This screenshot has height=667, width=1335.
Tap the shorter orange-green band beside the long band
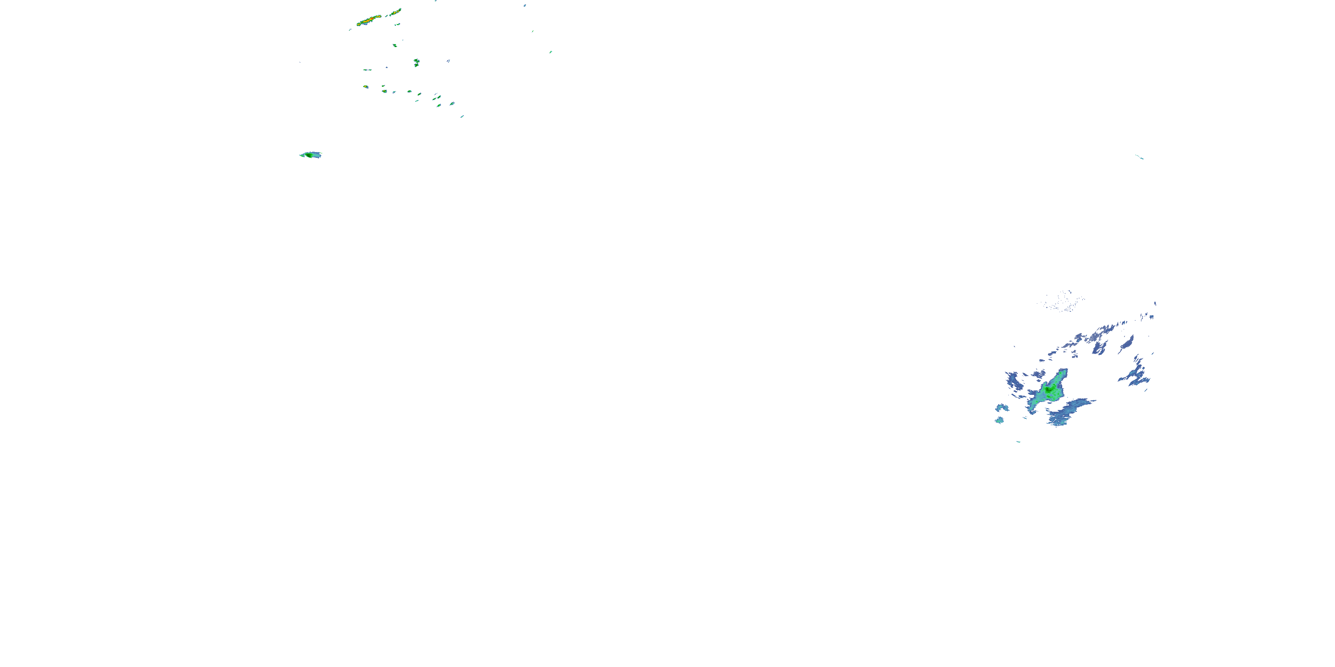point(396,11)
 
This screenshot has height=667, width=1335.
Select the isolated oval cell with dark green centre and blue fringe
point(311,155)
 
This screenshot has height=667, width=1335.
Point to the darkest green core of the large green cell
point(1048,388)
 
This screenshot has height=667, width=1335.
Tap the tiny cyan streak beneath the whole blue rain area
point(1018,442)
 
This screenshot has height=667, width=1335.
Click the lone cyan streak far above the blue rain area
point(1139,157)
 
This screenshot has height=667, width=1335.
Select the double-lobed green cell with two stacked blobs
point(416,63)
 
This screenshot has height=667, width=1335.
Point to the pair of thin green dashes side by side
point(367,69)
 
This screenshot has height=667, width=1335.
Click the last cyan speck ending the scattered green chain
point(462,117)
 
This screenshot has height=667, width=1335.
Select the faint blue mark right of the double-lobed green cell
point(448,61)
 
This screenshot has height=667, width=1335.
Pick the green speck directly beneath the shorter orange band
point(395,45)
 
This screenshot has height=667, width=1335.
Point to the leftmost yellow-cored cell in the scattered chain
point(365,86)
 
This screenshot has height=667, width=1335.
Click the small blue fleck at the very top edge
point(525,5)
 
